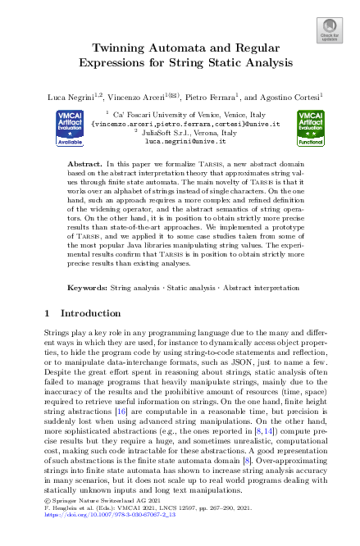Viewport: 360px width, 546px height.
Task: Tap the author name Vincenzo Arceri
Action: coord(143,97)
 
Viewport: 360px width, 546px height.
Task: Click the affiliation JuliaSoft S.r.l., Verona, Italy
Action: coord(182,133)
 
